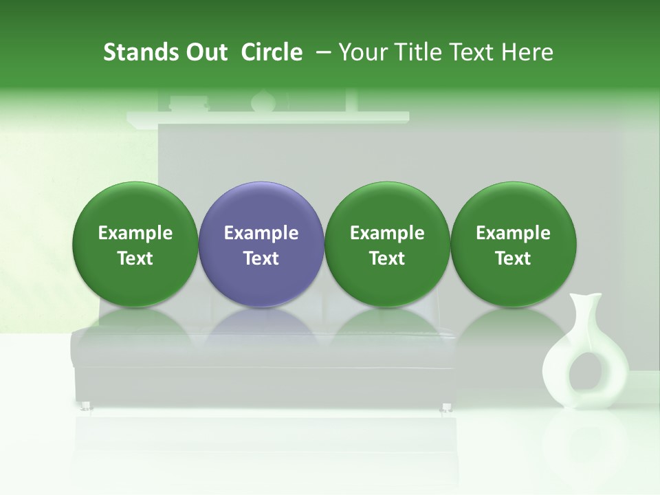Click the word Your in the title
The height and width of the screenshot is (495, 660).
(362, 52)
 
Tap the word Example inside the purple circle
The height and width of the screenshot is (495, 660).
(261, 234)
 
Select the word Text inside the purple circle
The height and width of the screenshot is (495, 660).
(261, 258)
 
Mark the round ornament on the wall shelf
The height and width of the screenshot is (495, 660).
(263, 101)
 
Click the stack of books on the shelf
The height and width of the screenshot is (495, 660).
(188, 104)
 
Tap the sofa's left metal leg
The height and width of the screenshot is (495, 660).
(87, 407)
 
